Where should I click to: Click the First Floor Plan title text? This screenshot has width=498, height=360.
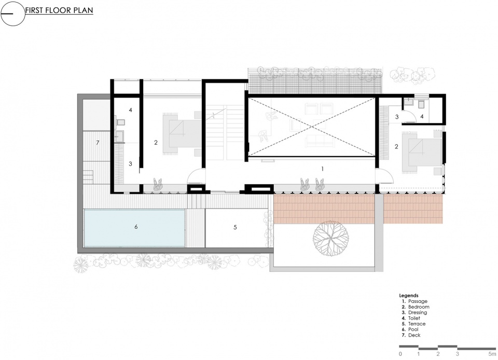(59, 10)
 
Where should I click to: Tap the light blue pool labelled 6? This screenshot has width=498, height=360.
(134, 228)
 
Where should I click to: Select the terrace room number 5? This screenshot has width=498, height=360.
(235, 227)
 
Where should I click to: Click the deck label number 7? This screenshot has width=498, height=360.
(98, 143)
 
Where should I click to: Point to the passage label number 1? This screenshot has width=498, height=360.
(322, 169)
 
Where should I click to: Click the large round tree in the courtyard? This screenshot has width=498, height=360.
(330, 238)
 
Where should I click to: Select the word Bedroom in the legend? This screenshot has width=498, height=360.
(419, 307)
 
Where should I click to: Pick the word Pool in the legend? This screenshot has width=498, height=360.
(413, 329)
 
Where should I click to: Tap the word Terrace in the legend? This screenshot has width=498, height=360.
(417, 324)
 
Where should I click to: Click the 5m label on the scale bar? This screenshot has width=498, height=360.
(492, 354)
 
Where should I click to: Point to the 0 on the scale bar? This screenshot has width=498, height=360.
(400, 354)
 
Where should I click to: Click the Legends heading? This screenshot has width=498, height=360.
(409, 296)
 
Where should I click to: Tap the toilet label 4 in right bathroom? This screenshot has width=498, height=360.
(422, 117)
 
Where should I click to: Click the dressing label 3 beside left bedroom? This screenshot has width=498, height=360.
(130, 164)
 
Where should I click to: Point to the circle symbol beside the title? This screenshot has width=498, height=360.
(12, 13)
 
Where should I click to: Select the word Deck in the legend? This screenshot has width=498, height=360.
(414, 335)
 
